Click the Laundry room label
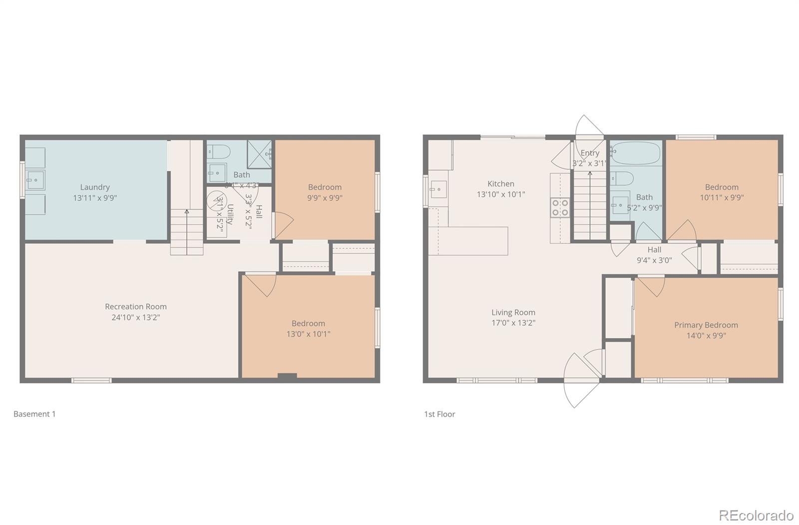[x=95, y=187]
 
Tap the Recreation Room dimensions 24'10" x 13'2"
[x=136, y=317]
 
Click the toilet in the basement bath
[x=219, y=151]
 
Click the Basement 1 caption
[x=34, y=414]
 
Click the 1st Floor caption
[x=439, y=414]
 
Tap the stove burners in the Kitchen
[x=560, y=207]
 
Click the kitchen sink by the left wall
[x=438, y=190]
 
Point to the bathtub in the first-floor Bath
[x=636, y=153]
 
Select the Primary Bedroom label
[x=706, y=325]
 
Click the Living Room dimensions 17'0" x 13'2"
[x=513, y=323]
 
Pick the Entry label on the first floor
[x=590, y=153]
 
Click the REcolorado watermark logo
[x=756, y=515]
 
